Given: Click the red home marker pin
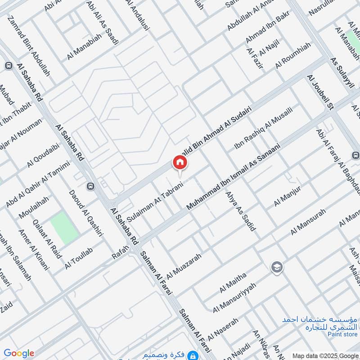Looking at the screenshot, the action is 179,162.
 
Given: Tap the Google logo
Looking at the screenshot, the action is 18,353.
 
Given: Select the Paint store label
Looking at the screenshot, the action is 336,334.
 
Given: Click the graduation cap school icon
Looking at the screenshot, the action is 277,268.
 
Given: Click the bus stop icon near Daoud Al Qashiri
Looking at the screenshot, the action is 91,186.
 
